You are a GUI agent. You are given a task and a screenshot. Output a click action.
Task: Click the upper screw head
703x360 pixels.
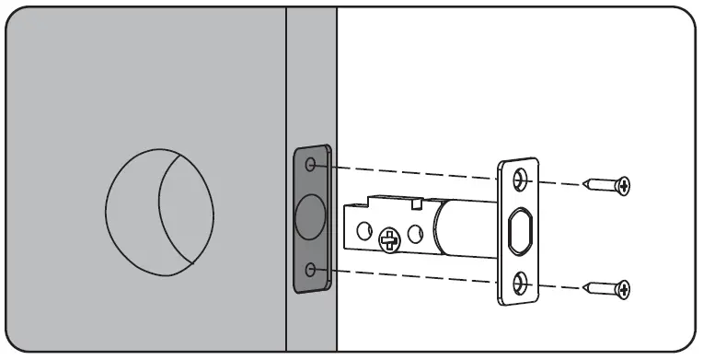pos(624,186)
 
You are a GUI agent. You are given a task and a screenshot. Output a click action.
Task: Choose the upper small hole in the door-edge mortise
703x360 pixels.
pos(311,166)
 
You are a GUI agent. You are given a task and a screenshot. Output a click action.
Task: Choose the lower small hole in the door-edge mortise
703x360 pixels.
pos(311,270)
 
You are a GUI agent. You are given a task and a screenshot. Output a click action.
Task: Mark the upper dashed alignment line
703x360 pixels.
pos(414,171)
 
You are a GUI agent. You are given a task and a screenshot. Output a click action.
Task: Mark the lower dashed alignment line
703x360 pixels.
pos(414,275)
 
